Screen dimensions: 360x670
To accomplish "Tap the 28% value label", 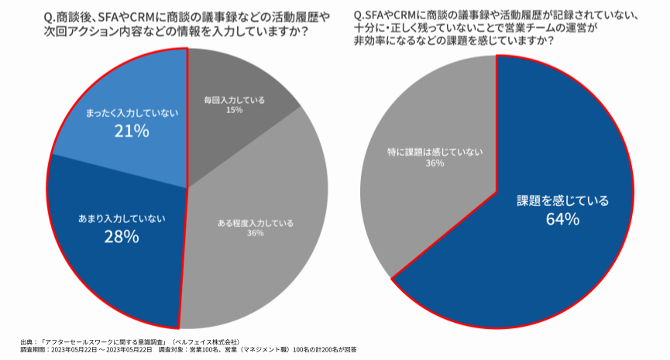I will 121,237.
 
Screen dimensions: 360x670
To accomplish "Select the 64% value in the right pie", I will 562,219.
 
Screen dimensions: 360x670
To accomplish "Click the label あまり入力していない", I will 122,218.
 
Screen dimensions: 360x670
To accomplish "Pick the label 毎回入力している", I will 235,100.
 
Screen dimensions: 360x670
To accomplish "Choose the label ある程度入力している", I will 256,224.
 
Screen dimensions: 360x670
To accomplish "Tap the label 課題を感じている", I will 563,201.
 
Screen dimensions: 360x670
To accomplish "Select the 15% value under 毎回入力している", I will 235,111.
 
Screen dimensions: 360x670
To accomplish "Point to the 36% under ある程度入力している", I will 256,235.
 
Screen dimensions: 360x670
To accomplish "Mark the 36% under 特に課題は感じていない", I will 434,164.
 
